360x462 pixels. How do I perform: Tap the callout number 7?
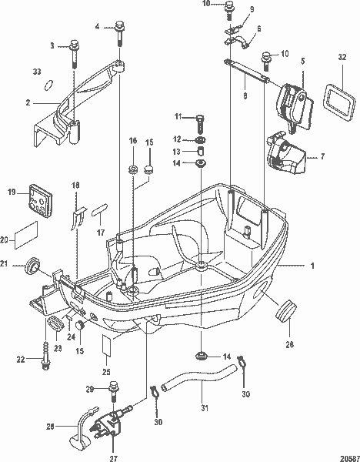[x=322, y=156]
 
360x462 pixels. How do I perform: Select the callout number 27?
[x=113, y=458]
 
